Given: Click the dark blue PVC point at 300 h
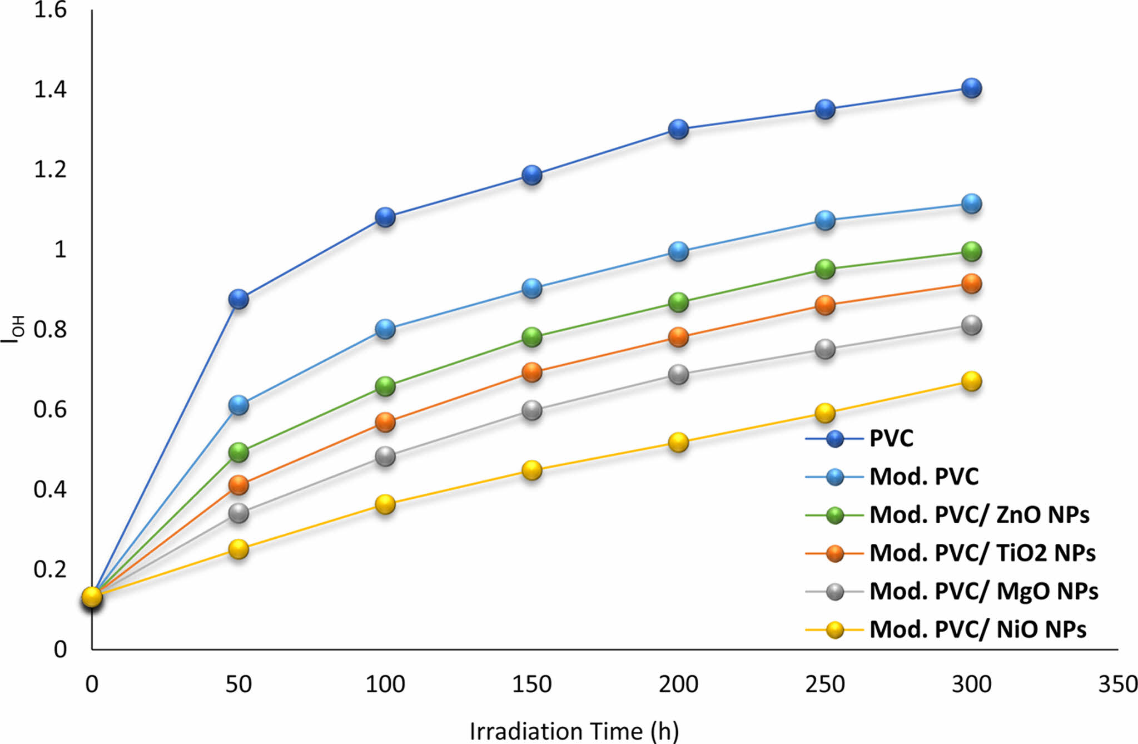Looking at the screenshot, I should (x=971, y=88).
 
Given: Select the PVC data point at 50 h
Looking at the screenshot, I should (x=238, y=299).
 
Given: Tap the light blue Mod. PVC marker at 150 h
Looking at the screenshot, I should (x=532, y=288).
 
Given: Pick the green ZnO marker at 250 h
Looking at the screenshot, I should (x=825, y=269).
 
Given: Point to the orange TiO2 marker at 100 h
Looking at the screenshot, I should (x=385, y=422).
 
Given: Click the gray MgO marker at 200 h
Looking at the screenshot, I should (x=678, y=374).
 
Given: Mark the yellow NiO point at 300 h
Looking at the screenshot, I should (x=971, y=381).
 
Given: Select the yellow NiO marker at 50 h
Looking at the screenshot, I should (x=238, y=549).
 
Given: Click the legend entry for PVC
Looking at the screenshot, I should (x=891, y=438).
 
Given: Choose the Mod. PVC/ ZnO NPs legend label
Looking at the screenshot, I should (x=979, y=514).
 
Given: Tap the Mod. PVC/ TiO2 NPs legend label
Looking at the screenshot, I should (x=982, y=553).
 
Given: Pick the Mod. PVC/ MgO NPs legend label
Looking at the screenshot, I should (x=983, y=591).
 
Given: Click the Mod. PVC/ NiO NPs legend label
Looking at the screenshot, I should (x=977, y=629).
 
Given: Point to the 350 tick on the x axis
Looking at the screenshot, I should (x=1117, y=684).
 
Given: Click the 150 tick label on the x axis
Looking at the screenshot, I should (x=532, y=684).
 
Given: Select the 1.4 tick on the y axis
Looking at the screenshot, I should (x=50, y=89).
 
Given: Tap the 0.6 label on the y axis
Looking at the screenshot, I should (x=50, y=409).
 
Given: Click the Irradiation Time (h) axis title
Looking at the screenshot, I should (x=574, y=731).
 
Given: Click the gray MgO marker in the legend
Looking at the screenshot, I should (x=835, y=592).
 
